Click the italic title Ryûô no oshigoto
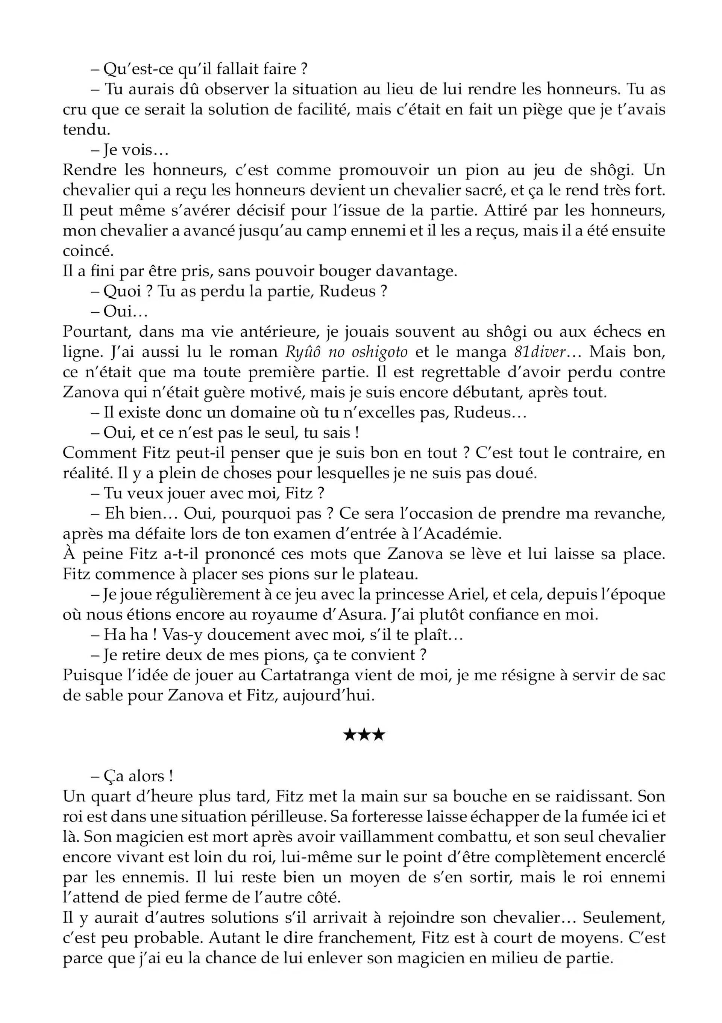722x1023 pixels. (x=346, y=352)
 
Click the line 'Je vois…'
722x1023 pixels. (x=129, y=150)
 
